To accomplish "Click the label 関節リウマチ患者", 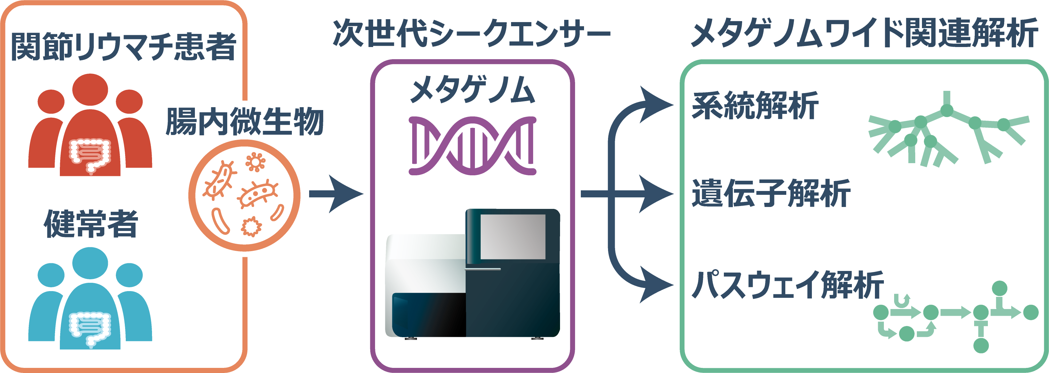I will click(x=124, y=46).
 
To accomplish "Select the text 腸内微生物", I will click(x=244, y=121).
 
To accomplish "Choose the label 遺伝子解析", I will click(x=771, y=194).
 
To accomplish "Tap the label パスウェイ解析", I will click(x=788, y=285).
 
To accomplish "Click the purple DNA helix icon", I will click(x=472, y=146).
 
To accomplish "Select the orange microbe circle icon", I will click(x=244, y=195).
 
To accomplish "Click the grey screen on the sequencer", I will click(x=513, y=237).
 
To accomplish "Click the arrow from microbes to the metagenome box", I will click(x=336, y=194).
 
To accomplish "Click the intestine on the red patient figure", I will click(x=90, y=155).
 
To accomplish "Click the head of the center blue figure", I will click(x=90, y=263).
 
